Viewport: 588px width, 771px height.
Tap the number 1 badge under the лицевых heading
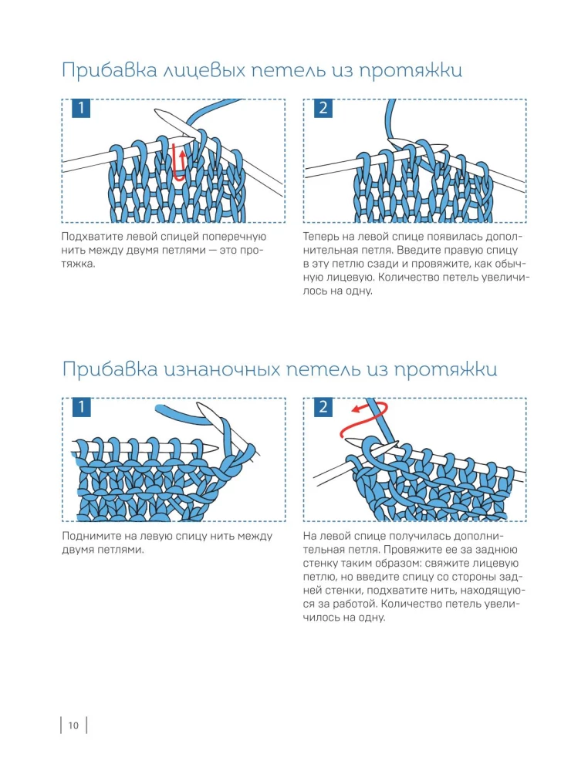pos(80,109)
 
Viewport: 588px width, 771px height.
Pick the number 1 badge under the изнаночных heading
pos(80,406)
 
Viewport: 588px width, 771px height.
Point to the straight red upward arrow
pos(181,160)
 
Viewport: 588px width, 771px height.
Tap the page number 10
pos(73,725)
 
